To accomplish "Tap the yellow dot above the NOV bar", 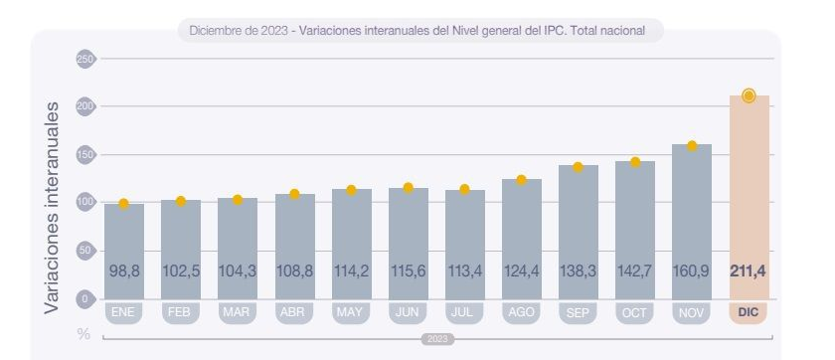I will pos(692,145).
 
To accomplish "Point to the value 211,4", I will pos(749,270).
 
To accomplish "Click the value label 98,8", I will pos(123,270).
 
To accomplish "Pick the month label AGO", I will pos(521,312).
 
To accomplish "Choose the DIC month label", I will pos(749,312).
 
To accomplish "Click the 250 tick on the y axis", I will pos(84,59).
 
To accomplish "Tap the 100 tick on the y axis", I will pos(84,203).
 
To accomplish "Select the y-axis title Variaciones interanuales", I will pos(53,207).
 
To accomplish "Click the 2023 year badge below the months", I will pos(437,339).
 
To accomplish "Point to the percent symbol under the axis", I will pos(84,334).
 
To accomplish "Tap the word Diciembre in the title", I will pos(213,31).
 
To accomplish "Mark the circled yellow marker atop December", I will pos(749,95).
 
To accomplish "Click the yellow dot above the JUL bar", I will pos(464,189).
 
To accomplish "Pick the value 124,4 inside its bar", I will pos(521,270).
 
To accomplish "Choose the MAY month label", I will pos(351,312).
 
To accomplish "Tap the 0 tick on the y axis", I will pos(84,298).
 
